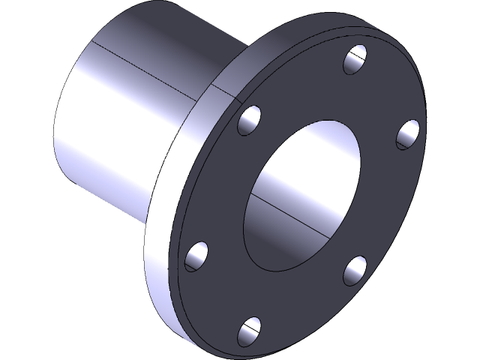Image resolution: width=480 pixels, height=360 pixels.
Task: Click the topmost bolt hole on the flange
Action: click(355, 59)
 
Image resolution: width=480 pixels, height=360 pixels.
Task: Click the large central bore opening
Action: click(300, 195)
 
